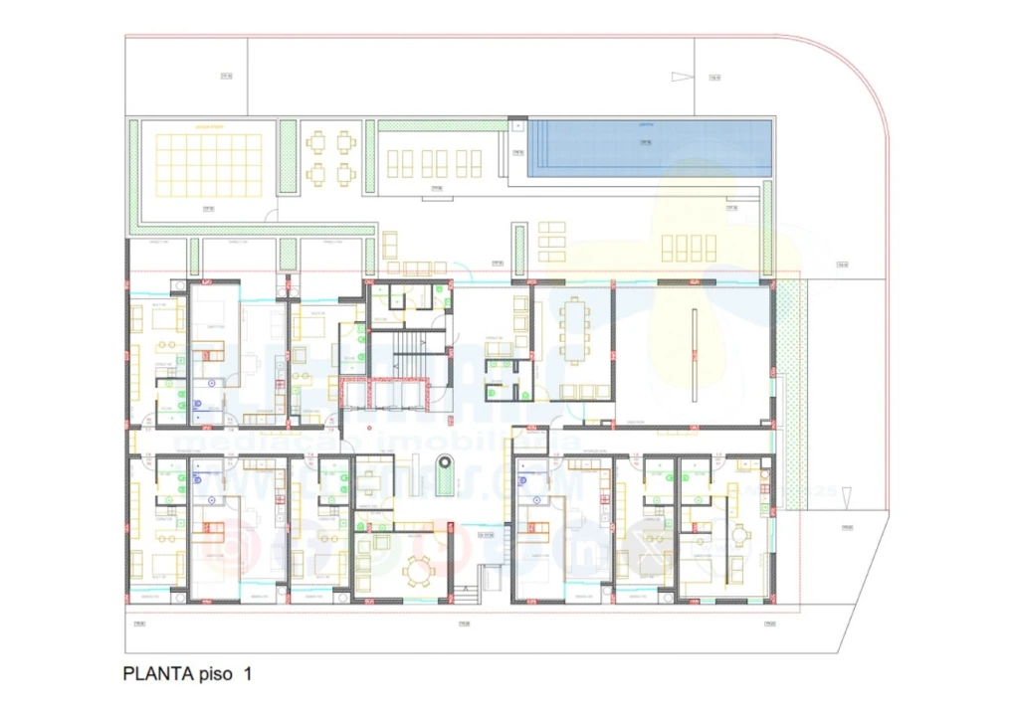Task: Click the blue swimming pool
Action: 650,149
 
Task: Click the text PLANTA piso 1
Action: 187,673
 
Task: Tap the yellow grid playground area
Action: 208,164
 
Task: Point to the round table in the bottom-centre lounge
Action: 418,572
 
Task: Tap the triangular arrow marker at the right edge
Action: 846,494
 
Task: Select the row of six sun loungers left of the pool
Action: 434,163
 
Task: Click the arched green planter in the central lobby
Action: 448,474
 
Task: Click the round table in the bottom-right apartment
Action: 738,534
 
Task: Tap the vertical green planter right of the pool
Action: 767,229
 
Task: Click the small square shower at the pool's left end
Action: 516,126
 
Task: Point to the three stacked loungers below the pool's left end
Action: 551,242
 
